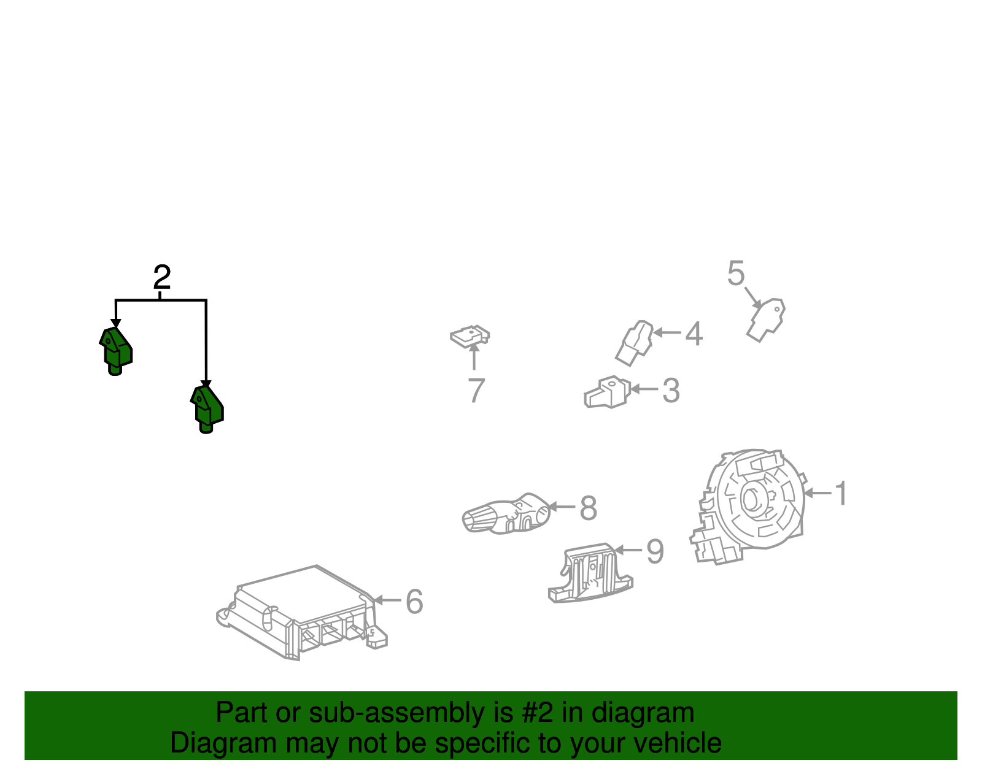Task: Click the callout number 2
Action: (162, 277)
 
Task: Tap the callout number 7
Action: (476, 390)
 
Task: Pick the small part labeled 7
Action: (470, 337)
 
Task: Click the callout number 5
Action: (736, 273)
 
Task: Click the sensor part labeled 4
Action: (634, 343)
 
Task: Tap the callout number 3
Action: (671, 391)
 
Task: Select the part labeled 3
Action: (608, 393)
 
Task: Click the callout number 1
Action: (841, 493)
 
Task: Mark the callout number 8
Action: (589, 508)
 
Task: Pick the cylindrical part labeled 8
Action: (506, 514)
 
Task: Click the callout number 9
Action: (655, 551)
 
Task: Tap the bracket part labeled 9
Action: (590, 573)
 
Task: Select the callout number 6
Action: (414, 602)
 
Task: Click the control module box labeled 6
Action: (302, 613)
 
